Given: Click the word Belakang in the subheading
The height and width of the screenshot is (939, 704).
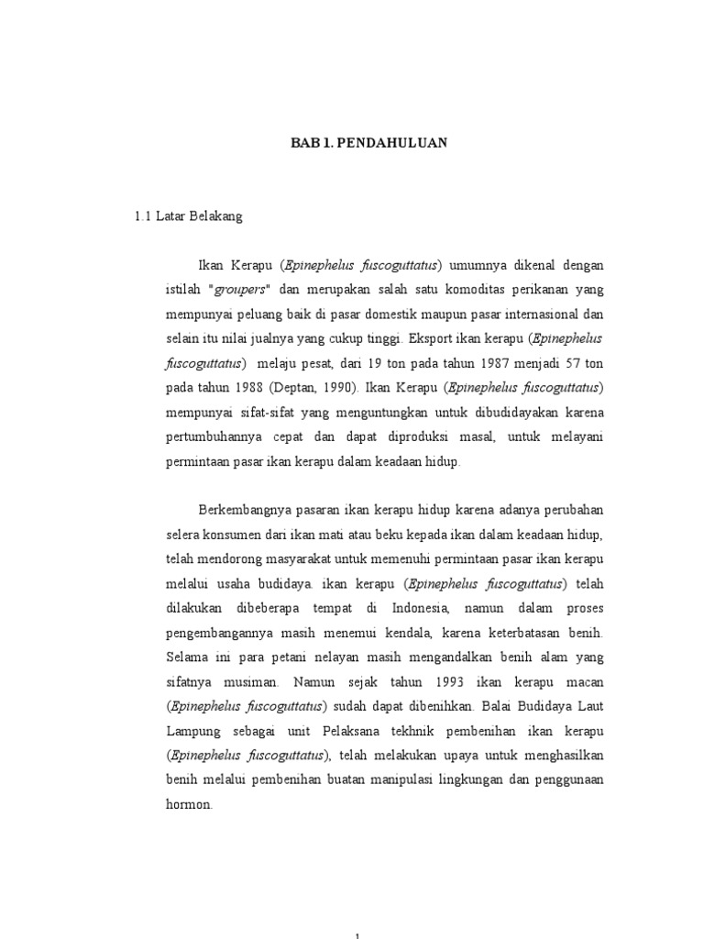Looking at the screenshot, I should tap(217, 216).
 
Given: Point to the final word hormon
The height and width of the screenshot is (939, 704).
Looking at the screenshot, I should tap(189, 805).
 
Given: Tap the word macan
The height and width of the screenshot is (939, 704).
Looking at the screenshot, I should tap(584, 682).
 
